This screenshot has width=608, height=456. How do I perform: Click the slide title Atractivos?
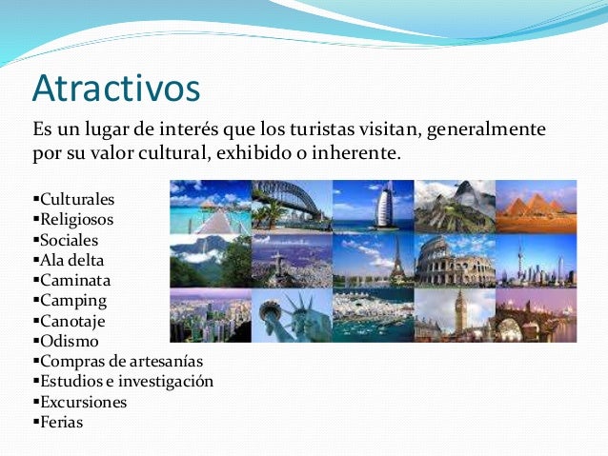[x=115, y=89]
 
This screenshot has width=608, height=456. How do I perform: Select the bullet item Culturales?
[x=76, y=200]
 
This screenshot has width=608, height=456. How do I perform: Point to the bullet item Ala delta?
[x=71, y=260]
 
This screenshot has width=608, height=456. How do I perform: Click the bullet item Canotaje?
[x=73, y=320]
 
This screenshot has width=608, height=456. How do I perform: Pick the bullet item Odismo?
[x=69, y=340]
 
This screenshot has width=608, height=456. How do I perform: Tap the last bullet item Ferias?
[x=61, y=421]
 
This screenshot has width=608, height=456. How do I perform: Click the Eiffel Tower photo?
[x=374, y=260]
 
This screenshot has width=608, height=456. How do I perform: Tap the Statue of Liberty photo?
[x=292, y=315]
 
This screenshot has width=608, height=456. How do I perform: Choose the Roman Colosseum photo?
[x=455, y=260]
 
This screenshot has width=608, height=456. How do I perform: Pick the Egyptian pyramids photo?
[x=536, y=205]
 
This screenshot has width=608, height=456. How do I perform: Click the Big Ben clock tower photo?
[x=455, y=315]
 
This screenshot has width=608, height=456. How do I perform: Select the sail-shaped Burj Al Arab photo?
[x=374, y=205]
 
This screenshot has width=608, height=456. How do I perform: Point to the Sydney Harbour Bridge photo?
[x=292, y=205]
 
